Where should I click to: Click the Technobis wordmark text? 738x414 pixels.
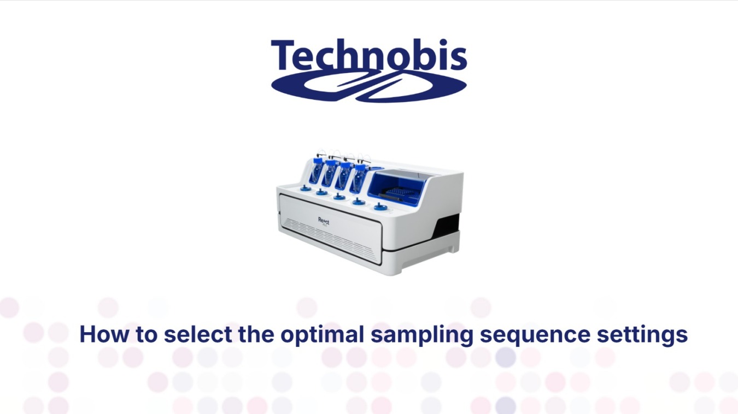[x=369, y=55]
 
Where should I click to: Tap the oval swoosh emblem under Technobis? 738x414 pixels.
[x=369, y=86]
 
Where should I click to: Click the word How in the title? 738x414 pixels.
[x=104, y=334]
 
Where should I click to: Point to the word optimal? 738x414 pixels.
[x=322, y=335]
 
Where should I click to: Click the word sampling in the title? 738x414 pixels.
[x=421, y=335]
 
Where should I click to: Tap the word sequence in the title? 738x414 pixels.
[x=535, y=335]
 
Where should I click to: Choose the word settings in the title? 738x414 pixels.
[x=642, y=335]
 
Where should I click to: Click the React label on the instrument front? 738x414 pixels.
[x=324, y=221]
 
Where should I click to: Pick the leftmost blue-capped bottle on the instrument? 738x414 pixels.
[x=317, y=170]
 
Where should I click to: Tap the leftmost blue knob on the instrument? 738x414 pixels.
[x=305, y=188]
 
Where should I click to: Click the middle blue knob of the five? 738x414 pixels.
[x=339, y=197]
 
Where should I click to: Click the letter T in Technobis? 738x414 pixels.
[x=283, y=55]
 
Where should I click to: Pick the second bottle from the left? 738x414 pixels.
[x=330, y=173]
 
